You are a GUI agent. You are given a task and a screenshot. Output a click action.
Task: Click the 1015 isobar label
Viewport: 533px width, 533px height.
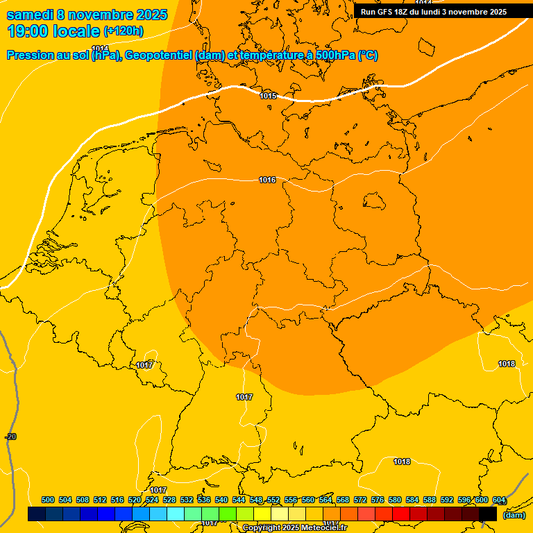(268, 96)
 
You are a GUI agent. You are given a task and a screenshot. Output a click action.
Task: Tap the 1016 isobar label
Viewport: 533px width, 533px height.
(267, 180)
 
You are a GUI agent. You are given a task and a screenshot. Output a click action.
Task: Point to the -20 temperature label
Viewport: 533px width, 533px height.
(10, 437)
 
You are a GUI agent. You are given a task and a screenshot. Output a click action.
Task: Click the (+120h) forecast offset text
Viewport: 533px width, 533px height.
(124, 31)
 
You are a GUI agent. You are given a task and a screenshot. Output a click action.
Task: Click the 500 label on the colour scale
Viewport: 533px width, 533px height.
(48, 500)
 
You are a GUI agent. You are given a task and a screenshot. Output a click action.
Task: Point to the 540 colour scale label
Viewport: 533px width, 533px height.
(221, 500)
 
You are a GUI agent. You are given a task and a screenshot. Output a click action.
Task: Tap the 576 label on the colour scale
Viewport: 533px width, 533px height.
(378, 500)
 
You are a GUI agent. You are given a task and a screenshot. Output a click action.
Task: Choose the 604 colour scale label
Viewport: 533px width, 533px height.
(499, 500)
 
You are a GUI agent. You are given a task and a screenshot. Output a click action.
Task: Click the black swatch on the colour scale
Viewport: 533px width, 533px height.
(488, 514)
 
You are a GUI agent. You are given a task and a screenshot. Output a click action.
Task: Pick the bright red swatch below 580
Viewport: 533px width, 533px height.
(401, 514)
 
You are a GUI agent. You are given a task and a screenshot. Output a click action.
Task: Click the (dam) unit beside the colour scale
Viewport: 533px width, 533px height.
(514, 514)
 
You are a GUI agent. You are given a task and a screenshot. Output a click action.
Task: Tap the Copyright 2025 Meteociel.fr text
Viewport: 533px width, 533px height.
(294, 528)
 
